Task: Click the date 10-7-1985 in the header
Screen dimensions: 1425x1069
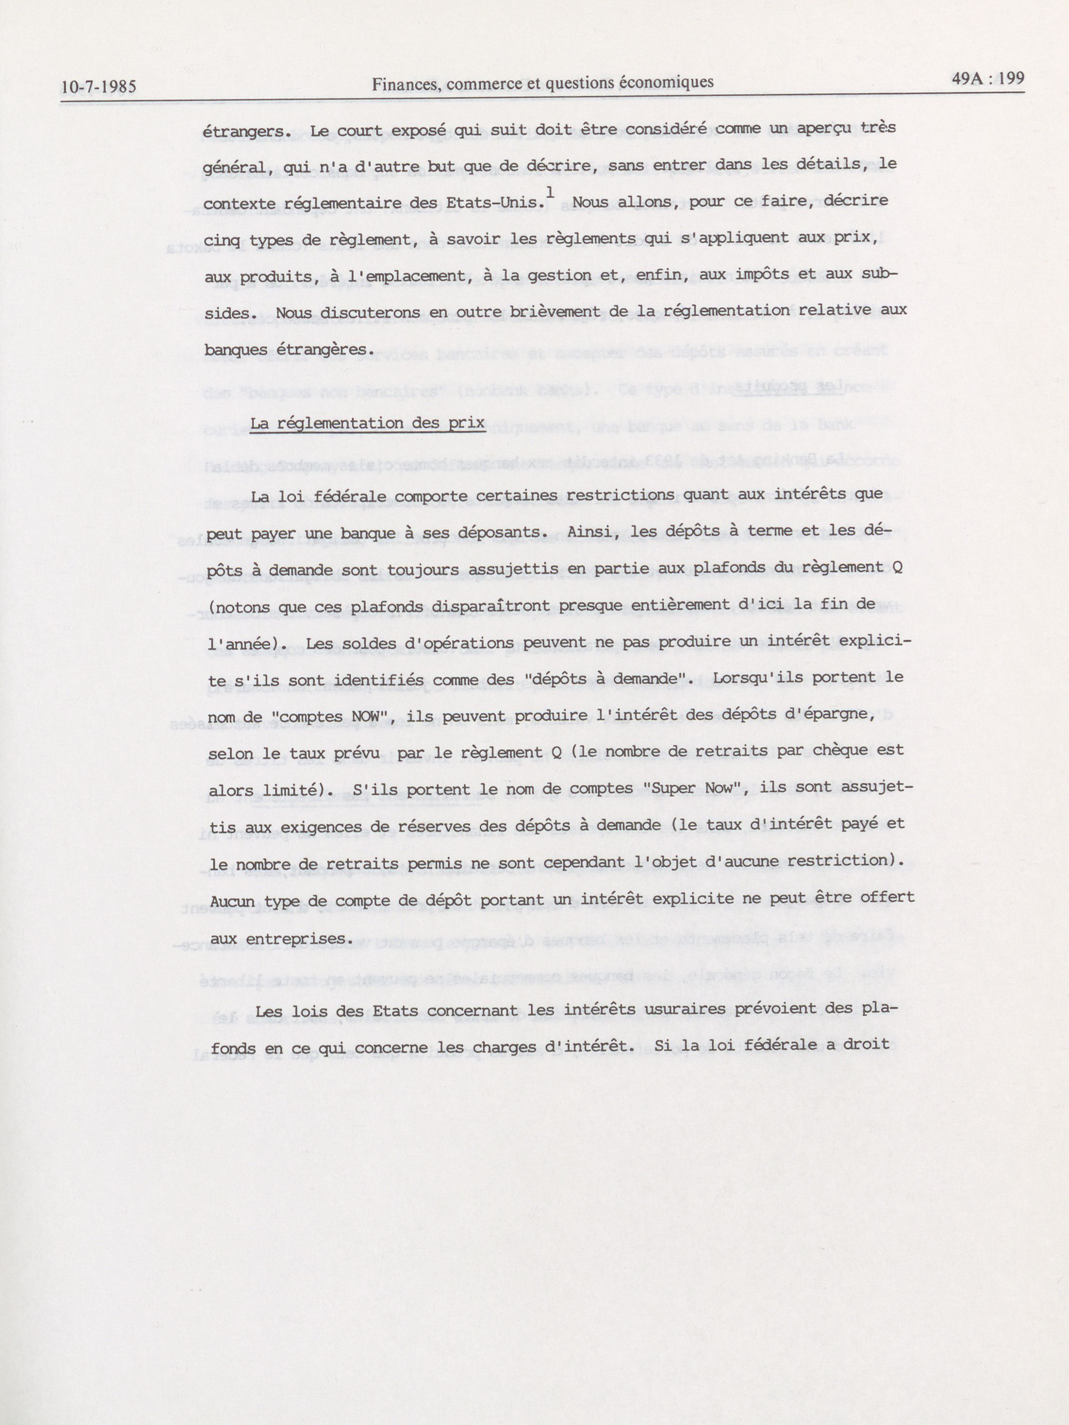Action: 99,86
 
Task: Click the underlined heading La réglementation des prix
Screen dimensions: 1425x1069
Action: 367,423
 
